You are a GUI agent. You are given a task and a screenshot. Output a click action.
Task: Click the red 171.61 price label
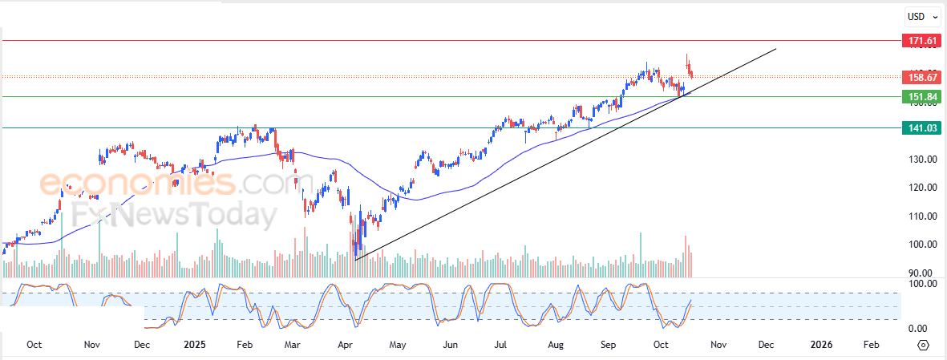coord(921,40)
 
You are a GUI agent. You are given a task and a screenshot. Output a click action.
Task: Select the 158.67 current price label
coord(921,77)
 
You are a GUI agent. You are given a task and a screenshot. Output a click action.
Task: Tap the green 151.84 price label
coord(921,97)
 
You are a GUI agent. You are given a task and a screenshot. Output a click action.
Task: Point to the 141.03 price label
coord(921,127)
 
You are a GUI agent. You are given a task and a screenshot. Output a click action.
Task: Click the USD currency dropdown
coord(919,16)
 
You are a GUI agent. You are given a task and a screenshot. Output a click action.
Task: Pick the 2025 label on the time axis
coord(195,344)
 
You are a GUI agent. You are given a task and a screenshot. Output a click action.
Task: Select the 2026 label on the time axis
coord(821,344)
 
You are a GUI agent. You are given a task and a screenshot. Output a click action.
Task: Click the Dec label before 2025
coord(141,344)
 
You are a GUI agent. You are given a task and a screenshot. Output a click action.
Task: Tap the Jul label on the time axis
coord(500,344)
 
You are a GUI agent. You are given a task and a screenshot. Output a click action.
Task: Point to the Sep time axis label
coord(609,344)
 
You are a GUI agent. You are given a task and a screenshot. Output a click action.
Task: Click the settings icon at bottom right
coord(923,345)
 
